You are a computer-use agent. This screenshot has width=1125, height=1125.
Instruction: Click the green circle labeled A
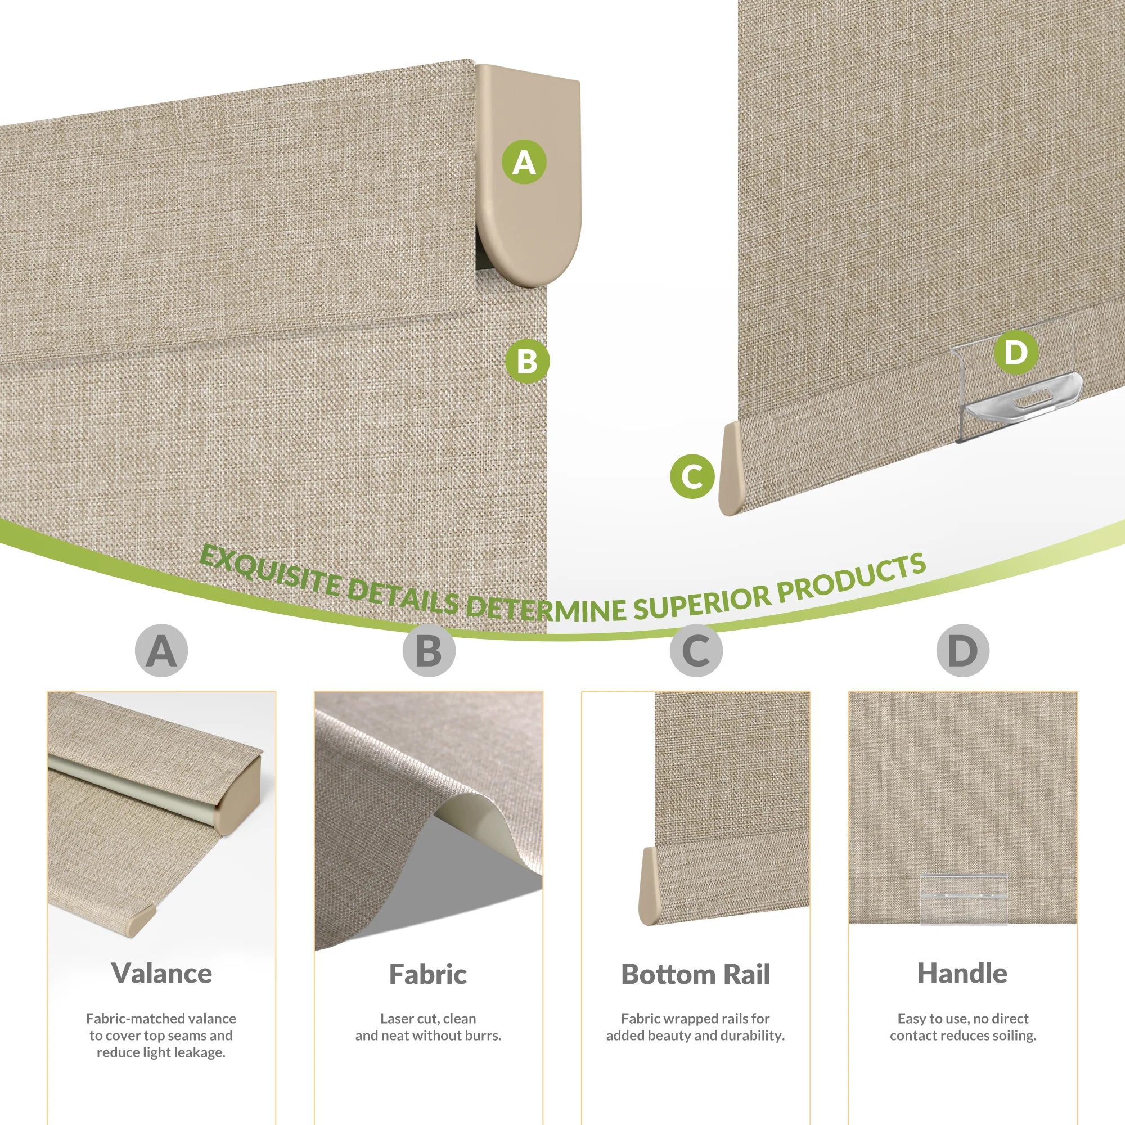pyautogui.click(x=524, y=162)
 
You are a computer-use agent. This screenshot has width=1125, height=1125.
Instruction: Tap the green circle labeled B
pyautogui.click(x=527, y=361)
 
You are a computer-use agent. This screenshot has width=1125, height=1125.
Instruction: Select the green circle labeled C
pyautogui.click(x=692, y=476)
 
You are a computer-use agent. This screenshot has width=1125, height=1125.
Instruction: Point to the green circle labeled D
pyautogui.click(x=1016, y=352)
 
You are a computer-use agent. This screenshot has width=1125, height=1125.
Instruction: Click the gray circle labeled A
pyautogui.click(x=161, y=650)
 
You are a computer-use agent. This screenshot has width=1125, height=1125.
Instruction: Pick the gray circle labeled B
pyautogui.click(x=429, y=650)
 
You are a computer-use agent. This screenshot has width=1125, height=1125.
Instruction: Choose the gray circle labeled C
pyautogui.click(x=696, y=650)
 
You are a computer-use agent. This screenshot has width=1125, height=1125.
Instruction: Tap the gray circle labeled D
pyautogui.click(x=963, y=650)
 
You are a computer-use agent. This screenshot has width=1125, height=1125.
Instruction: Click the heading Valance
pyautogui.click(x=161, y=973)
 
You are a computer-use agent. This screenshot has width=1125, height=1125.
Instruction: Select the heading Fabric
pyautogui.click(x=428, y=974)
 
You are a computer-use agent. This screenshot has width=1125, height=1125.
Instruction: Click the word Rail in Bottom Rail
pyautogui.click(x=745, y=974)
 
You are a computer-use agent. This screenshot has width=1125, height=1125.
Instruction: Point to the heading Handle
pyautogui.click(x=962, y=973)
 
